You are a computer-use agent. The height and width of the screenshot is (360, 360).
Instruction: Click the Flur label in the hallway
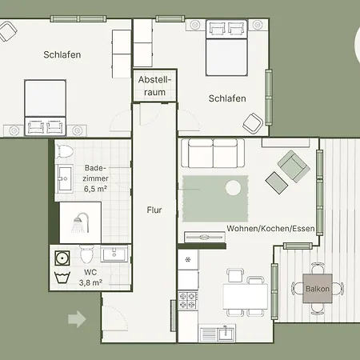click(154, 210)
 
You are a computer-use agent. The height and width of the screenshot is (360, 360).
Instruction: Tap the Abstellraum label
click(154, 86)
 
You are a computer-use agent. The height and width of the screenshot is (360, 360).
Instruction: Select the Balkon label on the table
click(318, 289)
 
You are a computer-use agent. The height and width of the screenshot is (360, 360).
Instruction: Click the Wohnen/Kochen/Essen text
click(270, 229)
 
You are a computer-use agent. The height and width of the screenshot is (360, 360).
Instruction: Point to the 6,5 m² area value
click(95, 189)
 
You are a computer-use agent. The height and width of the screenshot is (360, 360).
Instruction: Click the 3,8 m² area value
click(90, 282)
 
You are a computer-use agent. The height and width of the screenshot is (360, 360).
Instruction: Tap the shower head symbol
click(80, 222)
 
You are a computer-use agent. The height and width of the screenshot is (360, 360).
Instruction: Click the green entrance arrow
click(77, 319)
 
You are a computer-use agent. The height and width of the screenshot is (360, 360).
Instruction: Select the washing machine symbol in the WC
click(62, 258)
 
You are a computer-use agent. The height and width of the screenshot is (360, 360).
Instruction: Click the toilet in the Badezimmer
click(64, 151)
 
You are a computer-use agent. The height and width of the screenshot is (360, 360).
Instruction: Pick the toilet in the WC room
click(87, 254)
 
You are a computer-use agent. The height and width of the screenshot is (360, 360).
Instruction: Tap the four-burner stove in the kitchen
click(188, 300)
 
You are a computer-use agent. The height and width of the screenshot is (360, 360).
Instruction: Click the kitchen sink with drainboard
click(218, 333)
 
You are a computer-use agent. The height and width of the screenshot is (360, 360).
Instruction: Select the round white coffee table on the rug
click(234, 188)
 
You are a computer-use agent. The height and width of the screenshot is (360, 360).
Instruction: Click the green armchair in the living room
click(294, 166)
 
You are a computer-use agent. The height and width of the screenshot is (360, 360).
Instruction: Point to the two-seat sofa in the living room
click(213, 153)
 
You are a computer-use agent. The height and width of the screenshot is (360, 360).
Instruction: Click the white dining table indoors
click(246, 296)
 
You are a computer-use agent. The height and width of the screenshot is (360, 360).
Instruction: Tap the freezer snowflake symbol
click(188, 259)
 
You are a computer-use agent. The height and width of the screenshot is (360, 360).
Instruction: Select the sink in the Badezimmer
click(64, 178)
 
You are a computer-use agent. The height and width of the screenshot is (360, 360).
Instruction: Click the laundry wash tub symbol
click(62, 278)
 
